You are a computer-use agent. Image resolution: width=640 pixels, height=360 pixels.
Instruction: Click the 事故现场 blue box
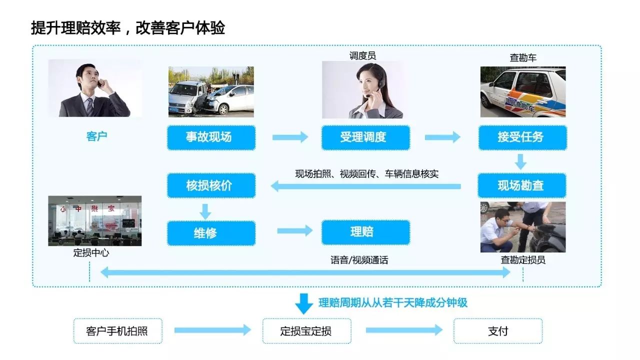coord(211,137)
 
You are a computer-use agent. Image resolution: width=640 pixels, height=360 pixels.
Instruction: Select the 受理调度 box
coord(365,137)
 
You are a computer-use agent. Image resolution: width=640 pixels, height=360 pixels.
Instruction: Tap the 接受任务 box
coord(522,137)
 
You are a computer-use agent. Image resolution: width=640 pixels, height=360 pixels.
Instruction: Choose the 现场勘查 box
coord(522,185)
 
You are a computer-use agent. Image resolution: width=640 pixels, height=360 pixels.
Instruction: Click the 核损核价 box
coord(211,185)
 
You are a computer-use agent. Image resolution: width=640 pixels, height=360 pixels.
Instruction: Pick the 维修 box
coord(211,233)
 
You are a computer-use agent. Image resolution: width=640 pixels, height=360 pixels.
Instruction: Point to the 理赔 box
coord(365,232)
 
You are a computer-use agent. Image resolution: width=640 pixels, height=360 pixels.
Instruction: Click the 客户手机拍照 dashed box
coord(117,331)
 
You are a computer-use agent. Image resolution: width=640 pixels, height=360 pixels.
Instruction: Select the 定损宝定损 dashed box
coord(306,331)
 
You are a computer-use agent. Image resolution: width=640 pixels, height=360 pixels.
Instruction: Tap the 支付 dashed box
coord(497,331)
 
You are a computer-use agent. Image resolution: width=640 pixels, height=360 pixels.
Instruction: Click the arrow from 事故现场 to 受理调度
coord(290,137)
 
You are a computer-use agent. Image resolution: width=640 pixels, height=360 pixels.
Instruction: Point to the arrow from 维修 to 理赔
coord(294,230)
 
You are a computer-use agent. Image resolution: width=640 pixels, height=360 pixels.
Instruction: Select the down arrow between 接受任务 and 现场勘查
coord(521,161)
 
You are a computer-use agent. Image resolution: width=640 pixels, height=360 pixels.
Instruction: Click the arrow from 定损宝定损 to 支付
coord(404,330)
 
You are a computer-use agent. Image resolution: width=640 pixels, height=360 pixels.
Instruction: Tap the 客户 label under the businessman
coord(96,136)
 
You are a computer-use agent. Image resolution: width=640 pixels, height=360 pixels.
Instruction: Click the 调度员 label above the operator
coord(362,56)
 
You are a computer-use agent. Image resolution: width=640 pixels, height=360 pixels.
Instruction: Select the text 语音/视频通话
coord(359,260)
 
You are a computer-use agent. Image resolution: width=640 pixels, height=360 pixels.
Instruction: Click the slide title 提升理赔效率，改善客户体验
coord(128,28)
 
